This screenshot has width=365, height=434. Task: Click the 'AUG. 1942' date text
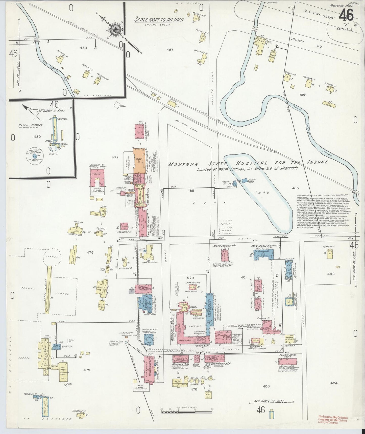pos(344,29)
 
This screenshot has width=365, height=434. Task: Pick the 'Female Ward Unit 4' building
pos(288,361)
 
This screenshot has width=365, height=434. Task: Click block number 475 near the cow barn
pos(86,370)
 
